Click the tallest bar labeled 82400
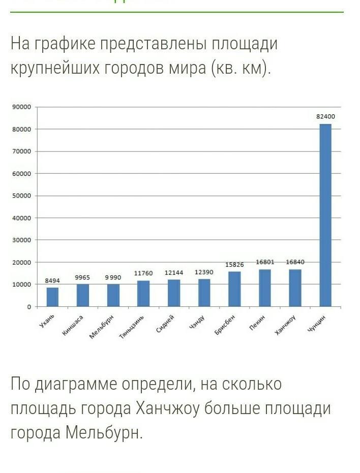(325, 215)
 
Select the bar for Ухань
(52, 297)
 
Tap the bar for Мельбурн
(113, 295)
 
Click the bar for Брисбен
(234, 289)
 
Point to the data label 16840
(295, 262)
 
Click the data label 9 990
(113, 277)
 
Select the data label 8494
(52, 280)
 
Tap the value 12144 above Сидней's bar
(173, 273)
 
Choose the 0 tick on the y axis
(28, 307)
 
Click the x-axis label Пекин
(257, 324)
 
